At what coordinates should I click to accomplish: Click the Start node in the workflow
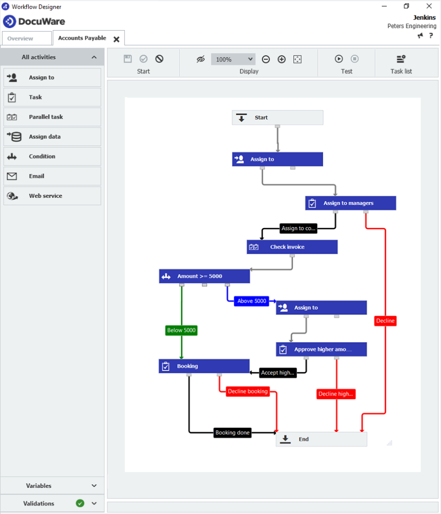pos(277,118)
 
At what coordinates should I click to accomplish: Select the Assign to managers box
pos(350,203)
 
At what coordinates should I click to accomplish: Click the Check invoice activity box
pos(291,247)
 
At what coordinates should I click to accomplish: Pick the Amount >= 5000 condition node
pos(204,276)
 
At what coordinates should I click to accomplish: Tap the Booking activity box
pos(204,366)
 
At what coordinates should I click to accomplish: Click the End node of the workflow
pos(321,439)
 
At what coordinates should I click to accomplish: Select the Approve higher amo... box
pos(321,349)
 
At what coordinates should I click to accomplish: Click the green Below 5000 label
pos(181,330)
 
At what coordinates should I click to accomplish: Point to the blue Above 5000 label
pos(252,301)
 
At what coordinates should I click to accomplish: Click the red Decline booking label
pos(248,392)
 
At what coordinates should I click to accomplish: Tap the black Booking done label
pos(232,433)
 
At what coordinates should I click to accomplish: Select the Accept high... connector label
pos(277,373)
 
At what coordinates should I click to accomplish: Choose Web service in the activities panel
pos(52,196)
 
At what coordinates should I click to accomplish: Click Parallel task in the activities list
pos(52,117)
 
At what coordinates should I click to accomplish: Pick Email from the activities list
pos(52,176)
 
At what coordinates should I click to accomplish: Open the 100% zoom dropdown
pos(233,59)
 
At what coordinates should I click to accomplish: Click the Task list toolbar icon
pos(401,59)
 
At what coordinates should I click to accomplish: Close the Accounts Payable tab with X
pos(116,39)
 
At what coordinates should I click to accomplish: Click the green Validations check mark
pos(80,503)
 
